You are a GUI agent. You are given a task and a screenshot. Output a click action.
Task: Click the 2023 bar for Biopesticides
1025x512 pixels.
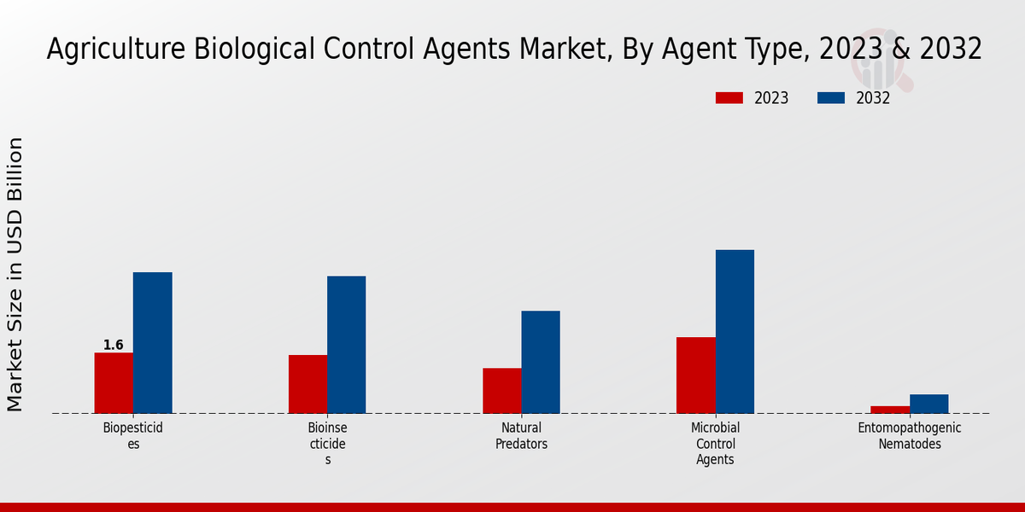coord(114,383)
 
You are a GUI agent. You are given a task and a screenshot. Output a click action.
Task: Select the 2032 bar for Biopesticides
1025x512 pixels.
coord(152,343)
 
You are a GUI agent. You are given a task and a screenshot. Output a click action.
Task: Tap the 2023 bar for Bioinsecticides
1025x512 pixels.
coord(307,384)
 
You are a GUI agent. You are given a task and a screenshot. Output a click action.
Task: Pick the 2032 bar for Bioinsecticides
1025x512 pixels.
coord(346,345)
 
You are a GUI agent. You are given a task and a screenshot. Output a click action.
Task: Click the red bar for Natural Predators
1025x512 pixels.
coord(501,391)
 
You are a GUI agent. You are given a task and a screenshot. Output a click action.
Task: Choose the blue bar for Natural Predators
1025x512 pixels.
coord(541,362)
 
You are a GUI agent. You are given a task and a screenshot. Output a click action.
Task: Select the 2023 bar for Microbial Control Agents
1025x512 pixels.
coord(695,375)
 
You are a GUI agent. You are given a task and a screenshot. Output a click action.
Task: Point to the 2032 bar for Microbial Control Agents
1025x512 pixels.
coord(735,331)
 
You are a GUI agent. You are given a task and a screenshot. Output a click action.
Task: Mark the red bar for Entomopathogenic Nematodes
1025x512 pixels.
coord(890,410)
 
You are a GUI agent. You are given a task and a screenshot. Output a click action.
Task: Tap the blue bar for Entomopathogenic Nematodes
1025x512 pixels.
coord(928,404)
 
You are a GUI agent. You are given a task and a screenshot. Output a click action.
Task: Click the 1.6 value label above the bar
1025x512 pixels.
coord(114,346)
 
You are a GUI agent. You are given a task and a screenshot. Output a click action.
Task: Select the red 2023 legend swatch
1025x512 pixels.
coord(729,98)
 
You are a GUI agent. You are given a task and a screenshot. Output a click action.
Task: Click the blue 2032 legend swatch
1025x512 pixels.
coord(830,98)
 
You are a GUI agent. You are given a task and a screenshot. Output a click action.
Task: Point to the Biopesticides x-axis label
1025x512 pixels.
coord(133,435)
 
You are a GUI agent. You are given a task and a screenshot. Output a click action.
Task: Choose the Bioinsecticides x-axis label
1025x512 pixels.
coord(327,443)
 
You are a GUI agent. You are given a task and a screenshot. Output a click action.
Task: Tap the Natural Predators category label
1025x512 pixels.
coord(521,435)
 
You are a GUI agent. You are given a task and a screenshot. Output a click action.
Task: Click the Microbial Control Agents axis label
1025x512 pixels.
coord(715,443)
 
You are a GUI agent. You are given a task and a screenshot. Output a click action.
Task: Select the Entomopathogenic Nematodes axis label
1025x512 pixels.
coord(909,435)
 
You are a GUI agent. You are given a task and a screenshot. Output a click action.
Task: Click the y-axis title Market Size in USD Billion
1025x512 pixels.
coord(15,274)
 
